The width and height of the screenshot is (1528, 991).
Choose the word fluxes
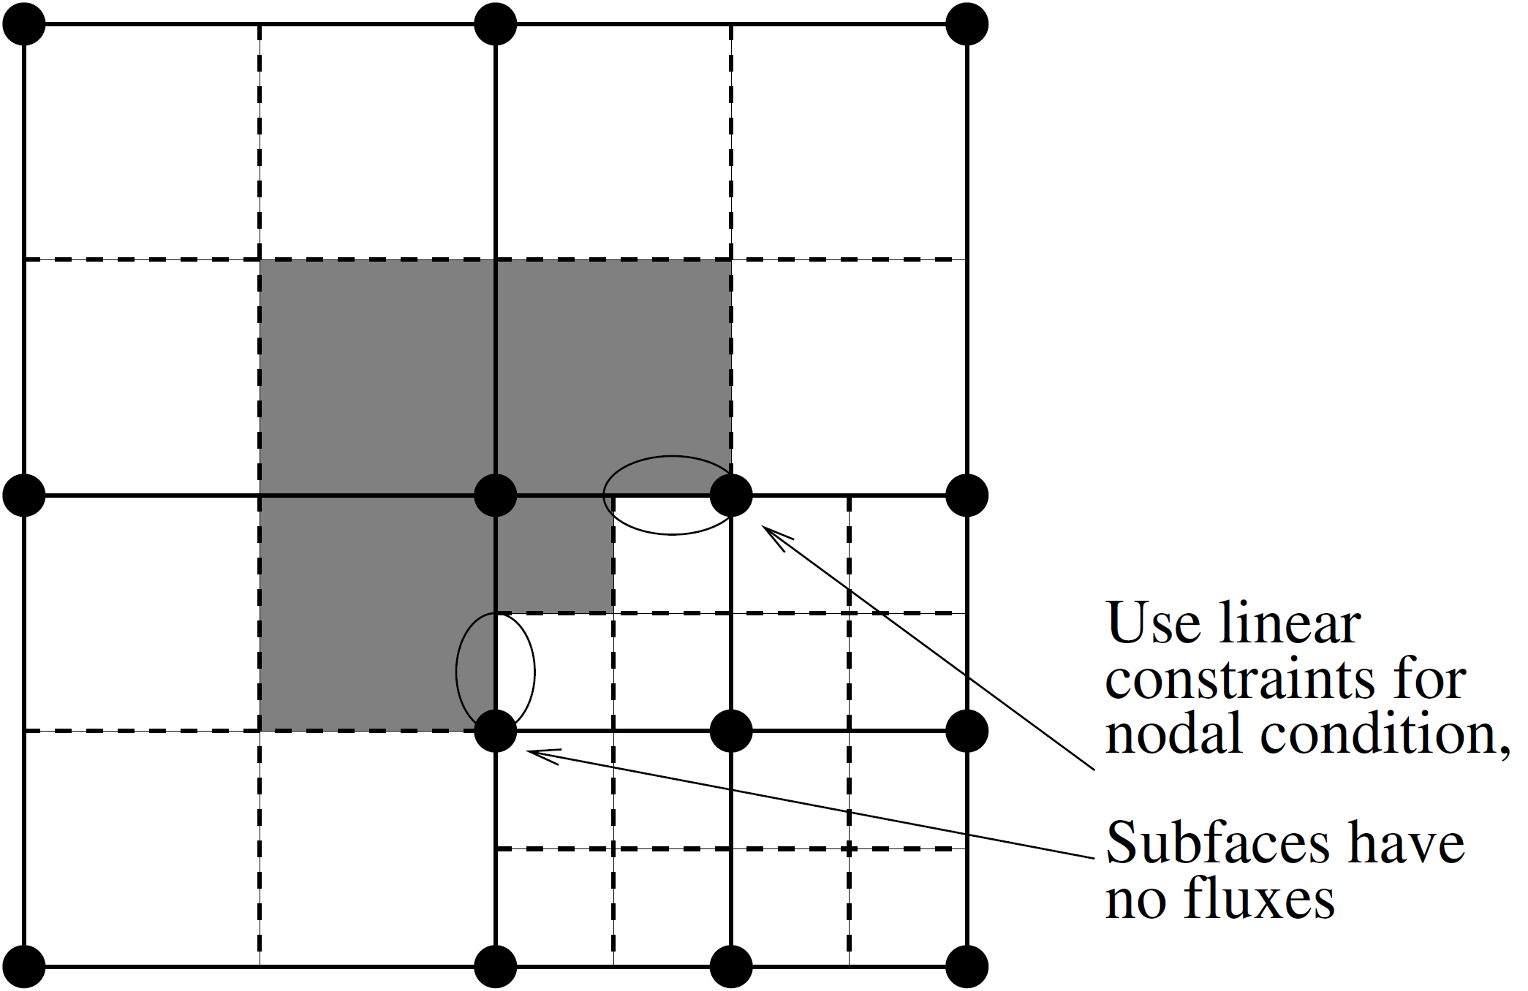click(x=1259, y=898)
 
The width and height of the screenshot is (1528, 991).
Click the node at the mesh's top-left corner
click(x=24, y=24)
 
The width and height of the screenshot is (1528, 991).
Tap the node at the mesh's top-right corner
click(x=967, y=24)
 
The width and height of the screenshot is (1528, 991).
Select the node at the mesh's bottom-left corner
click(x=24, y=966)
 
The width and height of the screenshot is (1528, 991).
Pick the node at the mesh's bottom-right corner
click(x=967, y=966)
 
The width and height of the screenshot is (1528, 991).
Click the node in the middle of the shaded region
click(x=496, y=495)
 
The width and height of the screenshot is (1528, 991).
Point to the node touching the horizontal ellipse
click(x=731, y=495)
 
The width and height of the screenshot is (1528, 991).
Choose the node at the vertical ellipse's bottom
click(x=496, y=731)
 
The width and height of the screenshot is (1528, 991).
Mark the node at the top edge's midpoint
click(x=496, y=24)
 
